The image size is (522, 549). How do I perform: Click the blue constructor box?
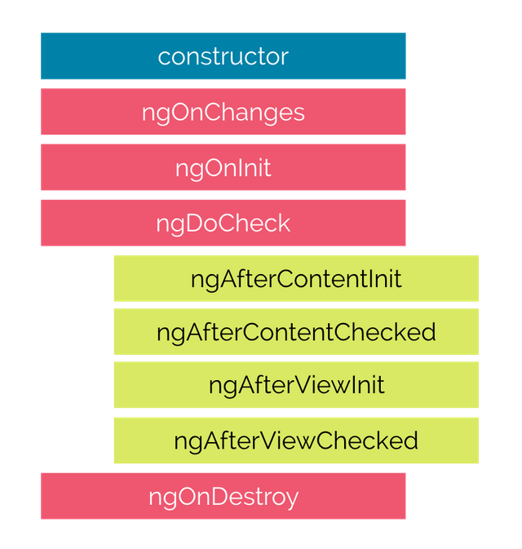[x=223, y=56]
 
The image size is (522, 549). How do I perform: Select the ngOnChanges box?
[x=223, y=112]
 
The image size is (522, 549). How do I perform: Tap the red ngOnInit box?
[x=223, y=167]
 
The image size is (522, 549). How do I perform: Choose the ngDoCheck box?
[x=223, y=223]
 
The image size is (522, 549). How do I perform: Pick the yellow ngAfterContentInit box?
[x=295, y=278]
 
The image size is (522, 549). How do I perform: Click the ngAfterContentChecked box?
[x=295, y=332]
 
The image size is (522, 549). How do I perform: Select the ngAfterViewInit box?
[x=295, y=386]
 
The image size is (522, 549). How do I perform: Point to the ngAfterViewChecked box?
[x=295, y=441]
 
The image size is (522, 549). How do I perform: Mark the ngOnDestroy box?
[x=223, y=496]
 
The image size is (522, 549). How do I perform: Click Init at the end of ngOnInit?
[x=253, y=168]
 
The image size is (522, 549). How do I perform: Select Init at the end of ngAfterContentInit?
[x=386, y=279]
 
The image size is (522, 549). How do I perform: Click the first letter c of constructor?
[x=163, y=57]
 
